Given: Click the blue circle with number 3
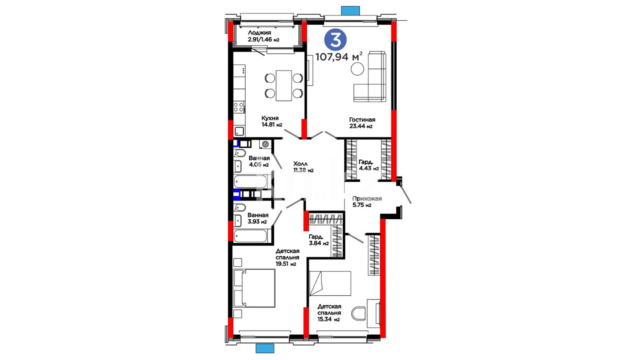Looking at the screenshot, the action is (335, 40).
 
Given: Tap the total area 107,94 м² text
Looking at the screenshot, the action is (339, 57).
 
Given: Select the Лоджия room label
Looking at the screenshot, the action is (259, 33).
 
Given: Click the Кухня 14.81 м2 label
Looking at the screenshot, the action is (272, 121).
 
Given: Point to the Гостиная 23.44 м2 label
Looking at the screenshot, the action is (362, 123).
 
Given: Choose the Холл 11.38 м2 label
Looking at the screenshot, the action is (303, 167).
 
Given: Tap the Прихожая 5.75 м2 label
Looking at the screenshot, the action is (367, 202).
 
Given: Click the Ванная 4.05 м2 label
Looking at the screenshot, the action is (259, 161).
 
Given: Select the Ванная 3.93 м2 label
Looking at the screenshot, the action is (258, 218).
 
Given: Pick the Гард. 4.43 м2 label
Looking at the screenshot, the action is (369, 165).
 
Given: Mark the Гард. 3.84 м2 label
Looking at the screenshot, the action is (319, 240).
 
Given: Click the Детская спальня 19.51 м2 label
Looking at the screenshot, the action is (287, 257).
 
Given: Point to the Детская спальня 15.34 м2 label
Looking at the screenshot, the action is (329, 313).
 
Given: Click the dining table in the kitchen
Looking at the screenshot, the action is (284, 85).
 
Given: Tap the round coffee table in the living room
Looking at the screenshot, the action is (357, 69).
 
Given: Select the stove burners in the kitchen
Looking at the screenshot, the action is (239, 107).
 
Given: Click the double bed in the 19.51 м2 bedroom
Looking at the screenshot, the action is (255, 288).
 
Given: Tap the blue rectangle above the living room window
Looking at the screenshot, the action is (350, 11).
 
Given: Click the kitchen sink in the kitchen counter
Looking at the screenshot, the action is (239, 131).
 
